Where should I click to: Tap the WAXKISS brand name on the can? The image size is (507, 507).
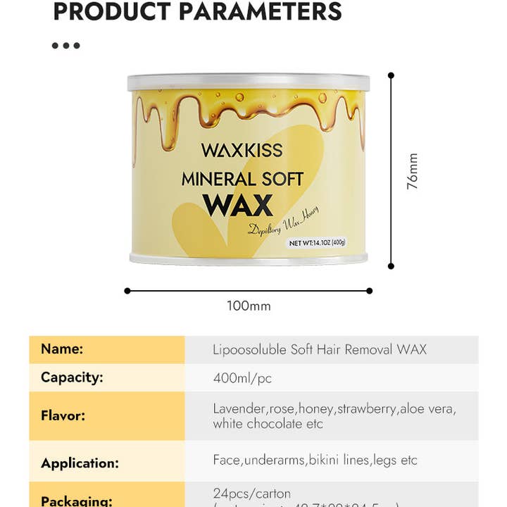click(x=242, y=150)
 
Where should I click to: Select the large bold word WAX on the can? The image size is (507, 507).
click(x=237, y=204)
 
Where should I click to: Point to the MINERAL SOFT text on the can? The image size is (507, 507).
click(x=242, y=179)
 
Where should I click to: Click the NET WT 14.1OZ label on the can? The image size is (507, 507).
click(x=318, y=243)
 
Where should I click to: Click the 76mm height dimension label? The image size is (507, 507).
click(x=412, y=171)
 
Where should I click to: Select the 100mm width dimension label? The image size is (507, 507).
click(x=249, y=306)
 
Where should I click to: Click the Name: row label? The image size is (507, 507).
click(x=62, y=349)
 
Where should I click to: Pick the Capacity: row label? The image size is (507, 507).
click(x=72, y=377)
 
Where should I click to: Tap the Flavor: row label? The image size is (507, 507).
click(x=63, y=415)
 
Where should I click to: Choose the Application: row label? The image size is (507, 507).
click(x=80, y=463)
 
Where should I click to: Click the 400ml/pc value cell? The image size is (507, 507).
click(x=242, y=378)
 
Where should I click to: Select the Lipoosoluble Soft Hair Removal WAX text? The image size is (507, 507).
click(x=319, y=349)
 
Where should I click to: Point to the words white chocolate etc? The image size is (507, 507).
click(x=268, y=424)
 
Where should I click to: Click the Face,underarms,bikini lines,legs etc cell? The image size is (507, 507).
click(x=315, y=460)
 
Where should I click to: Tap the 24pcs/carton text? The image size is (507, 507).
click(x=251, y=493)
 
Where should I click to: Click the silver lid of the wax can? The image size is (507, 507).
click(x=249, y=82)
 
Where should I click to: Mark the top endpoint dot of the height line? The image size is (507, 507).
click(x=391, y=75)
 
